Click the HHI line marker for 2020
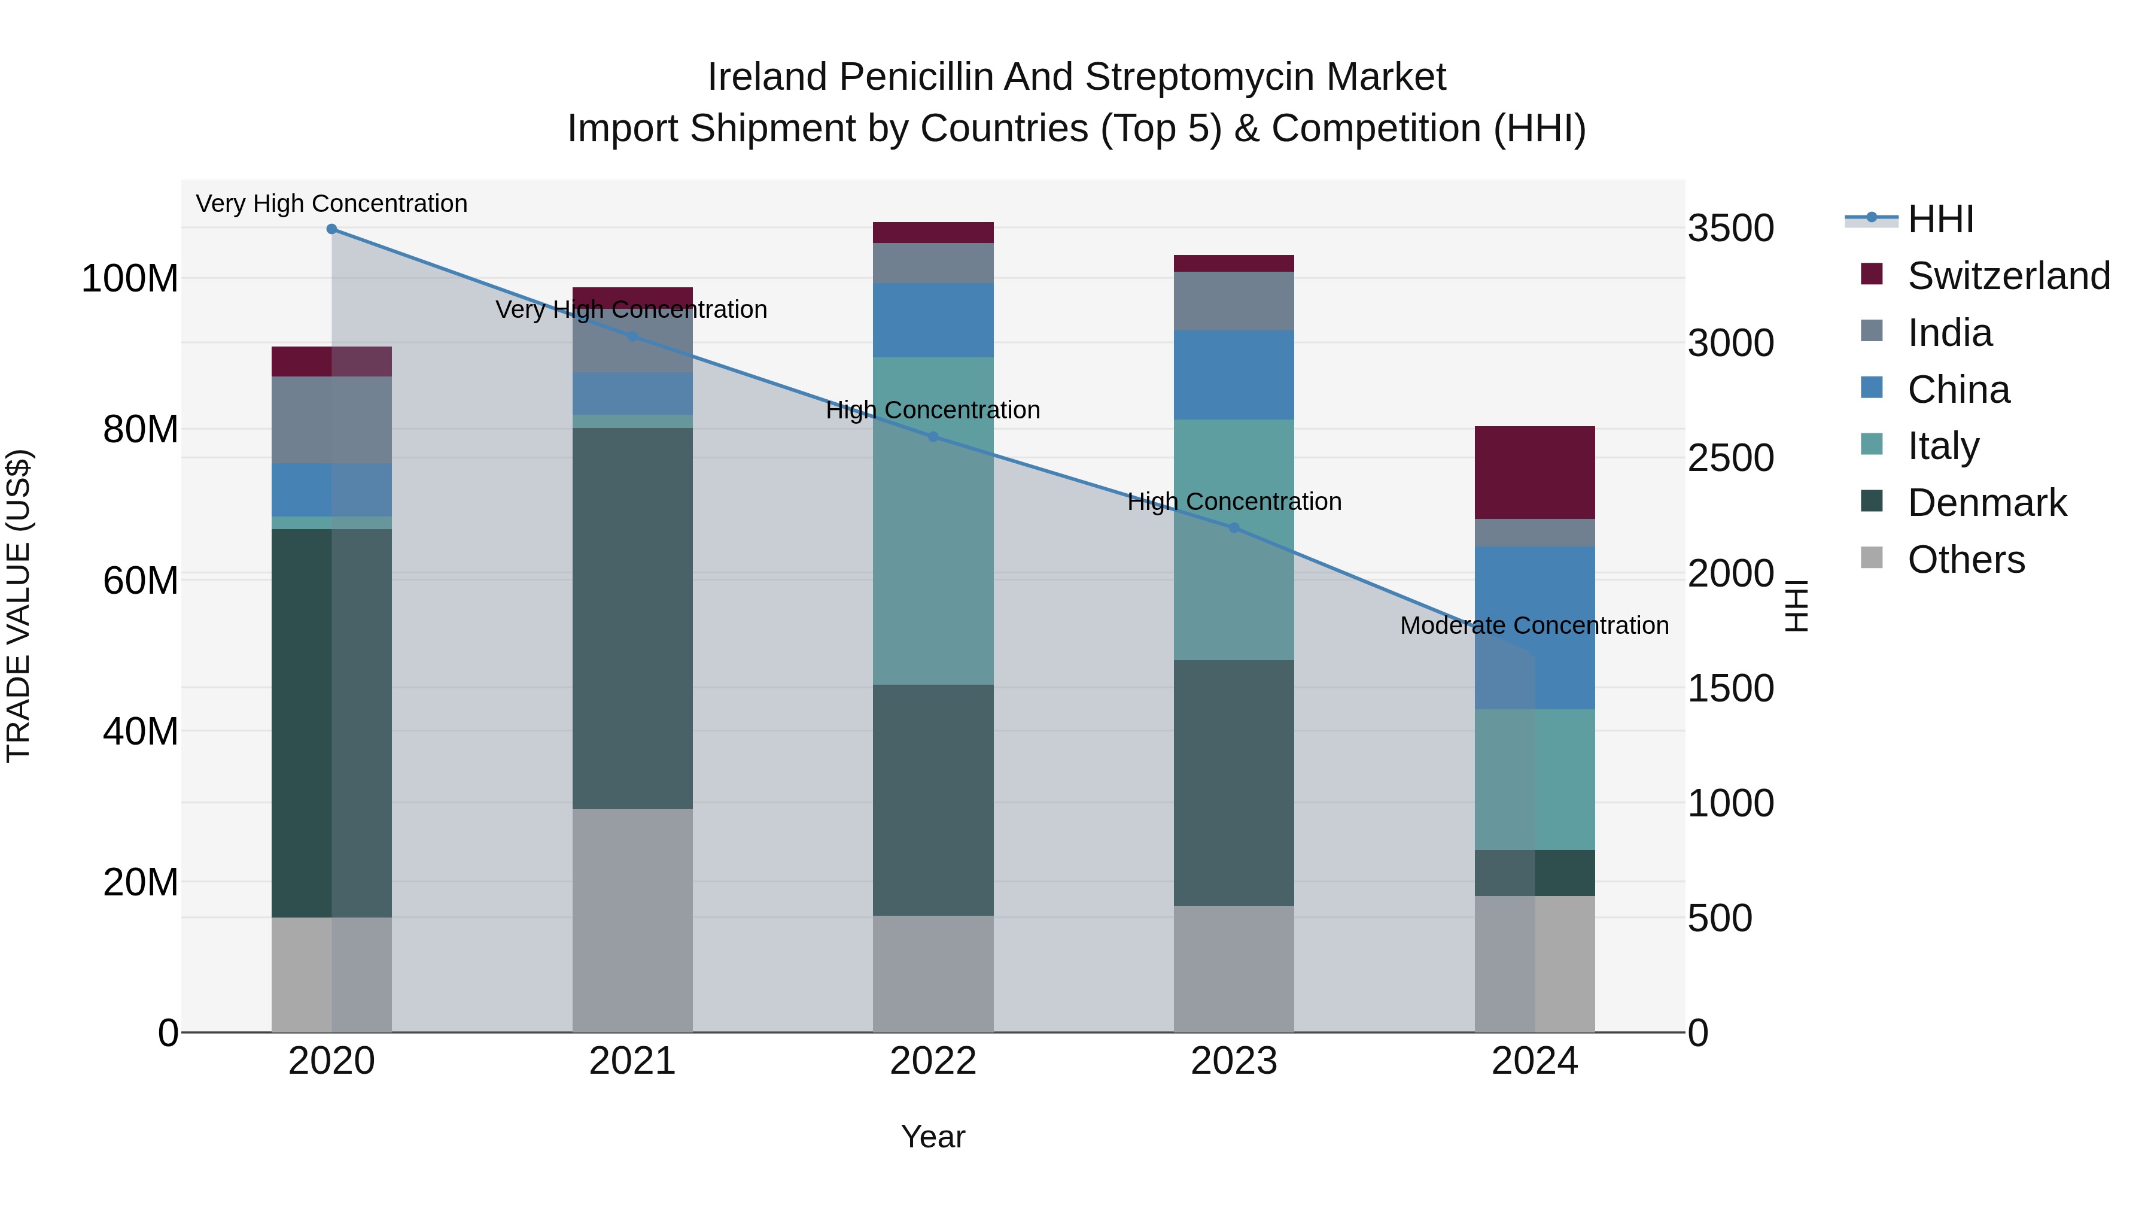(x=332, y=229)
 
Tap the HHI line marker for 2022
(x=933, y=437)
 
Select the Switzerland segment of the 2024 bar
(x=1534, y=473)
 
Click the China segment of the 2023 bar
(x=1233, y=375)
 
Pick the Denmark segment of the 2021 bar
(x=632, y=618)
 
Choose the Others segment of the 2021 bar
(x=632, y=920)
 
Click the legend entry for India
(x=1949, y=333)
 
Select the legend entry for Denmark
(x=1986, y=503)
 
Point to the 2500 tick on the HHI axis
(x=1730, y=458)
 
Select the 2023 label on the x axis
(x=1233, y=1061)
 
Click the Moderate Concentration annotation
(x=1534, y=625)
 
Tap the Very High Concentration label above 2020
(x=332, y=203)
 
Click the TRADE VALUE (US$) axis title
(x=19, y=606)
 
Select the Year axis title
(x=933, y=1137)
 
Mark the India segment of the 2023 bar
(x=1233, y=301)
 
